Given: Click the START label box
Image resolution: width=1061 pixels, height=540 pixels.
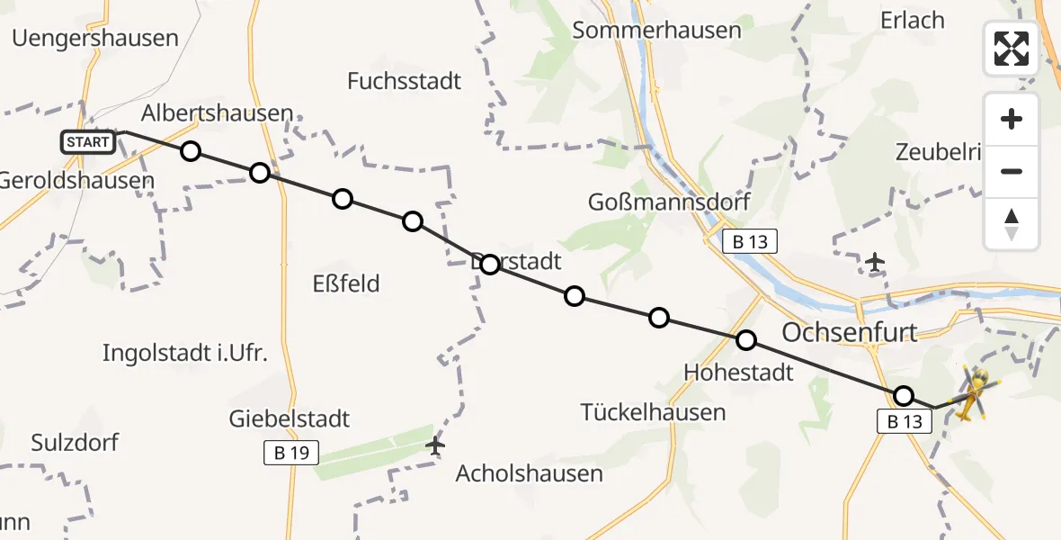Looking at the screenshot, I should tap(88, 141).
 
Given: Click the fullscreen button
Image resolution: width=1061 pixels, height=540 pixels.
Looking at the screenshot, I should tap(1012, 49).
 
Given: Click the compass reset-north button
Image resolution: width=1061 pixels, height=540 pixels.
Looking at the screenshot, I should tap(1012, 224).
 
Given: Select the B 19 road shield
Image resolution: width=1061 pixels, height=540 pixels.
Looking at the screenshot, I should tap(292, 453).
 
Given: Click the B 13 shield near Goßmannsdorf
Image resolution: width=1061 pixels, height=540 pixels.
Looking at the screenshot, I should tap(748, 241).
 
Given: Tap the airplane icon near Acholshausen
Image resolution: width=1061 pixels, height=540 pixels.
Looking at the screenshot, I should tap(436, 445).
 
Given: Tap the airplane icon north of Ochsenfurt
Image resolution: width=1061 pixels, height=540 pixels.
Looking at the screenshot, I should tap(874, 263).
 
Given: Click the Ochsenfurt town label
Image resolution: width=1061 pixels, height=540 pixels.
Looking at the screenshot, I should tap(850, 332).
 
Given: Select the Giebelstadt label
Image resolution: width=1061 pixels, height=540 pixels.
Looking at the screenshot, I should tap(289, 418).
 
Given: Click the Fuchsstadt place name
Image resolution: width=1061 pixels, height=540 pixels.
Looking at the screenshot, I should tap(404, 81).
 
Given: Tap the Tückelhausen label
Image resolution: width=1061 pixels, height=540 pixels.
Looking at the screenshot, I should tap(653, 413).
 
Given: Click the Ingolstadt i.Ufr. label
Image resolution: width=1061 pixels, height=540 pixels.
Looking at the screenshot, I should tap(184, 353).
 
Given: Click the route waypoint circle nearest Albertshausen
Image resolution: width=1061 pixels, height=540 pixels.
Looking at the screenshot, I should tap(191, 150).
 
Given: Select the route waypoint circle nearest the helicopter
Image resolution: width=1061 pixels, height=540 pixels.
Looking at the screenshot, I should tap(904, 396).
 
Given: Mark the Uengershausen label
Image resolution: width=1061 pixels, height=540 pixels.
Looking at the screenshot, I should tap(95, 39).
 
